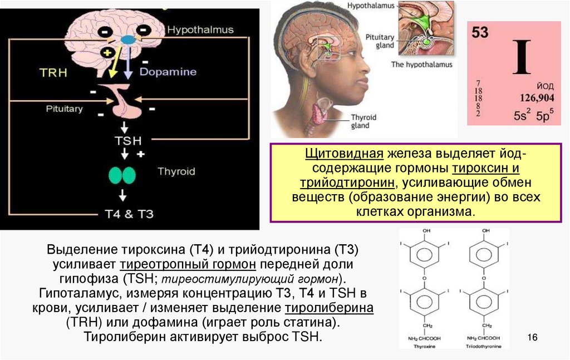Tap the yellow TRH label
(x=54, y=72)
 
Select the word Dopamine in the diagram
(x=168, y=72)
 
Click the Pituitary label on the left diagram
(x=64, y=109)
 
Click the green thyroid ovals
(x=122, y=175)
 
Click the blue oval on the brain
(x=129, y=40)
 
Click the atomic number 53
(x=480, y=33)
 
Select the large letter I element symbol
(x=522, y=57)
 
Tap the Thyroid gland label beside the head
(x=363, y=121)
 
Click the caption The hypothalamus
(x=421, y=65)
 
